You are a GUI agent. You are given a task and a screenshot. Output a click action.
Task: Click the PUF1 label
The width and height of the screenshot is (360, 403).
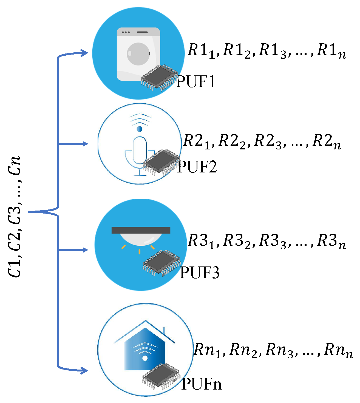[195, 82]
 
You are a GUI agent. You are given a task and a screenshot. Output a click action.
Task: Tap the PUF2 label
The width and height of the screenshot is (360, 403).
[197, 167]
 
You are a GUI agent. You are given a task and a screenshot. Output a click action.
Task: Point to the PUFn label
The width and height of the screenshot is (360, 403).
[202, 384]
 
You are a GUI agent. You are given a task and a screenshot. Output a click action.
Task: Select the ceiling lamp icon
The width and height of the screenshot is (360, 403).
[141, 236]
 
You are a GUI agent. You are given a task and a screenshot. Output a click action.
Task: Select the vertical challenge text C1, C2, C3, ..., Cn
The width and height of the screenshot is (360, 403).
[14, 217]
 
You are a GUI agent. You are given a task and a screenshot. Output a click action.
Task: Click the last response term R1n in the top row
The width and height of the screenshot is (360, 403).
[331, 51]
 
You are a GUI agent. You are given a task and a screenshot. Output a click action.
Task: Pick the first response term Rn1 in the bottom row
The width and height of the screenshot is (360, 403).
[207, 350]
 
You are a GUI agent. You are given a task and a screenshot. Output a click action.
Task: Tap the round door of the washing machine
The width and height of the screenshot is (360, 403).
[138, 54]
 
